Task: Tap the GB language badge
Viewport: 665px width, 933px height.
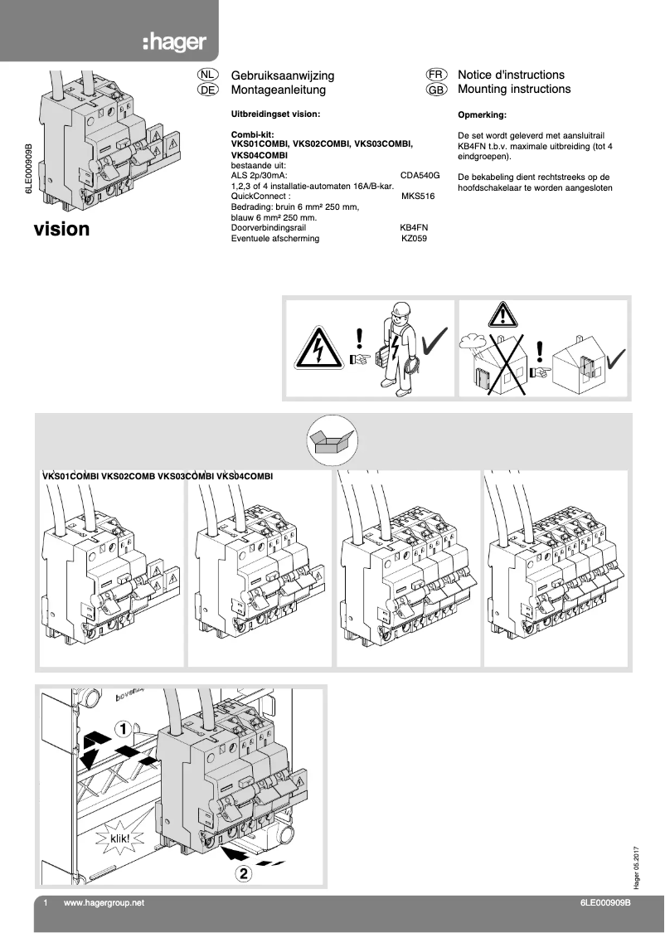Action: (x=437, y=90)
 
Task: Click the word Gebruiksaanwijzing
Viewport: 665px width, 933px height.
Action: (x=282, y=75)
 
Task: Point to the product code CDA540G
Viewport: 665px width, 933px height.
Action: (x=420, y=175)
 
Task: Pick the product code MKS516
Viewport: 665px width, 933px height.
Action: (x=417, y=197)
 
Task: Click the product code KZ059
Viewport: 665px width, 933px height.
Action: (x=414, y=238)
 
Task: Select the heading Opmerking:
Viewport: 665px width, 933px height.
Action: (x=482, y=115)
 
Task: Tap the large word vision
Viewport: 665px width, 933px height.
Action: (x=61, y=229)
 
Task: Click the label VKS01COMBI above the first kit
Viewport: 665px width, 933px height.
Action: (x=70, y=477)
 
